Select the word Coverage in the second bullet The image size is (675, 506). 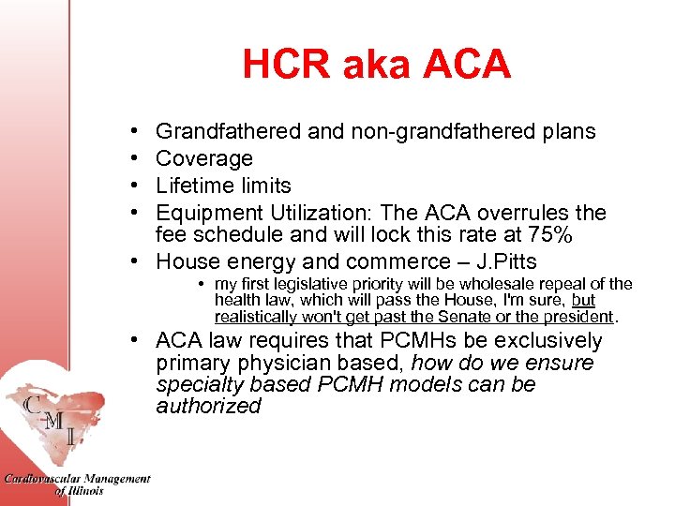coord(204,158)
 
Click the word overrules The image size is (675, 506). coord(530,213)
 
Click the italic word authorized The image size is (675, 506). coord(208,406)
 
